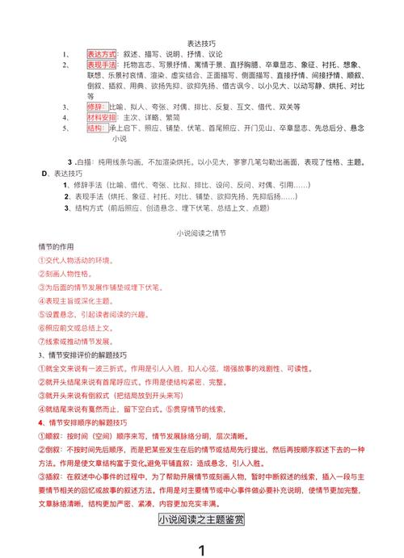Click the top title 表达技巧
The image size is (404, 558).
201,43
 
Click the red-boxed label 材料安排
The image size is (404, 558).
102,117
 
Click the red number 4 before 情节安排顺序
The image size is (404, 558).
41,422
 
